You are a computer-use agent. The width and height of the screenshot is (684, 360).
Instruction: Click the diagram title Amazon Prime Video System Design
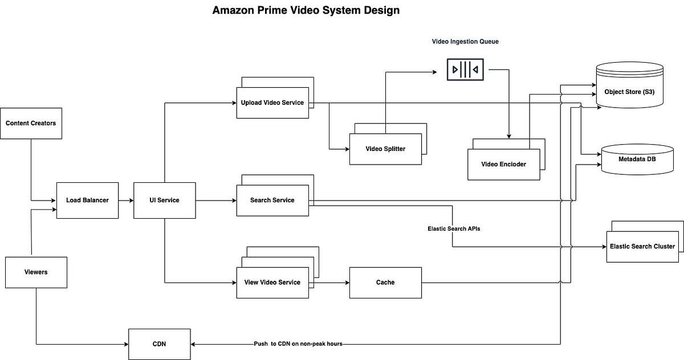pos(306,10)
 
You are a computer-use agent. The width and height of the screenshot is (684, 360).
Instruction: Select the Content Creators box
pos(31,123)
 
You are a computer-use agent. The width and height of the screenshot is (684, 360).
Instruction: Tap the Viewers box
pos(36,272)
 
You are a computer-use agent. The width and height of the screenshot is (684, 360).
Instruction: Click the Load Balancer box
pos(87,200)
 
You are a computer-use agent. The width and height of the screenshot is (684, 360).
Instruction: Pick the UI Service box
pos(164,200)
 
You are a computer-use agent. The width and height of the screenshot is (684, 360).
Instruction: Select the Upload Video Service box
pos(272,103)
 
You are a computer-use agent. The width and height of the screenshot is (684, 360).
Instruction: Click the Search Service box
pos(272,200)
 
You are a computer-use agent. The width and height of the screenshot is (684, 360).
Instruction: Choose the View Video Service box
pos(272,283)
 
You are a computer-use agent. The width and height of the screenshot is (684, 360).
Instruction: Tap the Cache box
pos(385,283)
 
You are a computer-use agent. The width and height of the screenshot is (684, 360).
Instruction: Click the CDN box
pos(159,344)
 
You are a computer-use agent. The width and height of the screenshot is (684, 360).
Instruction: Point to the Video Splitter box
pos(385,149)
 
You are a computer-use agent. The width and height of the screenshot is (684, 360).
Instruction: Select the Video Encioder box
pos(503,164)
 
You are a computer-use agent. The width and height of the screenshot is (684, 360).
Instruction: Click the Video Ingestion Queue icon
pos(465,69)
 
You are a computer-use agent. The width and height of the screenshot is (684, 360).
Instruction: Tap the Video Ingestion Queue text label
pos(465,42)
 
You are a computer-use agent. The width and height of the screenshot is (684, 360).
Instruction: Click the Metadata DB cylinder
pos(637,159)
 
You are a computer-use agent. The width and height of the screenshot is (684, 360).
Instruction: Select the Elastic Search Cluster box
pos(642,247)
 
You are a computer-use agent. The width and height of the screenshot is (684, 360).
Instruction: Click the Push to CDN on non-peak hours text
pos(298,344)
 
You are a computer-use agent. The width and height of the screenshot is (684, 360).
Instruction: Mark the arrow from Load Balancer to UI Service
pos(126,200)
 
